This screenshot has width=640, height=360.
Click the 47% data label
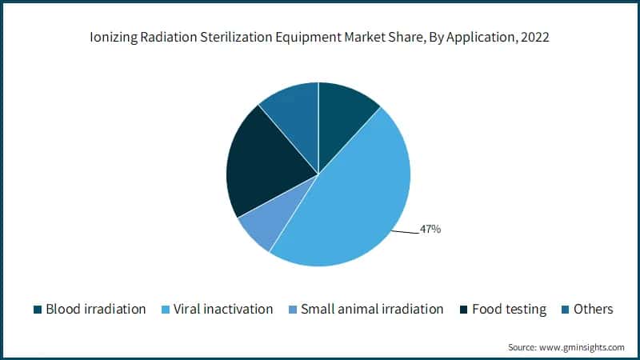tap(430, 230)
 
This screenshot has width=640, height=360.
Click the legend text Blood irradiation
tap(96, 309)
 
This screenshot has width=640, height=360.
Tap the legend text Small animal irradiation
tap(372, 309)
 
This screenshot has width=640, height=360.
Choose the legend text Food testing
tap(510, 309)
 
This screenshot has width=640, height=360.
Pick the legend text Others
tap(593, 309)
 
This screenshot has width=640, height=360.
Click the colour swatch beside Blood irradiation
tap(37, 310)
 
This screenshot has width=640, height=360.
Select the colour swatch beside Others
tap(565, 310)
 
